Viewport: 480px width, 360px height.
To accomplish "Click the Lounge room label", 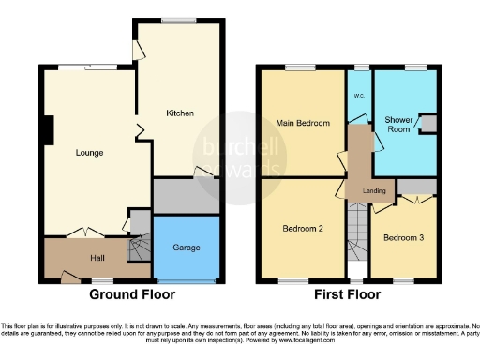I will point(90,152).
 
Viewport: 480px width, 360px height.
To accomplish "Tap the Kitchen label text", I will point(180,113).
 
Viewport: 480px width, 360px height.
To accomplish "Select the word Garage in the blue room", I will point(186,247).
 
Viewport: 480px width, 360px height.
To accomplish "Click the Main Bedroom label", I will point(302,123).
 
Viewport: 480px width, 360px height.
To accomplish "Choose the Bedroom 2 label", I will point(303,228).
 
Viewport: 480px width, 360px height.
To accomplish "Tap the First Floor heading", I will point(348,294).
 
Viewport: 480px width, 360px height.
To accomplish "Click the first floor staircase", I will point(355,234).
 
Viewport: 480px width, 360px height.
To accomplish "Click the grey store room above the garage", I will point(186,195).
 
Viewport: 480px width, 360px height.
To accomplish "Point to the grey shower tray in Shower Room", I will point(428,126).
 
